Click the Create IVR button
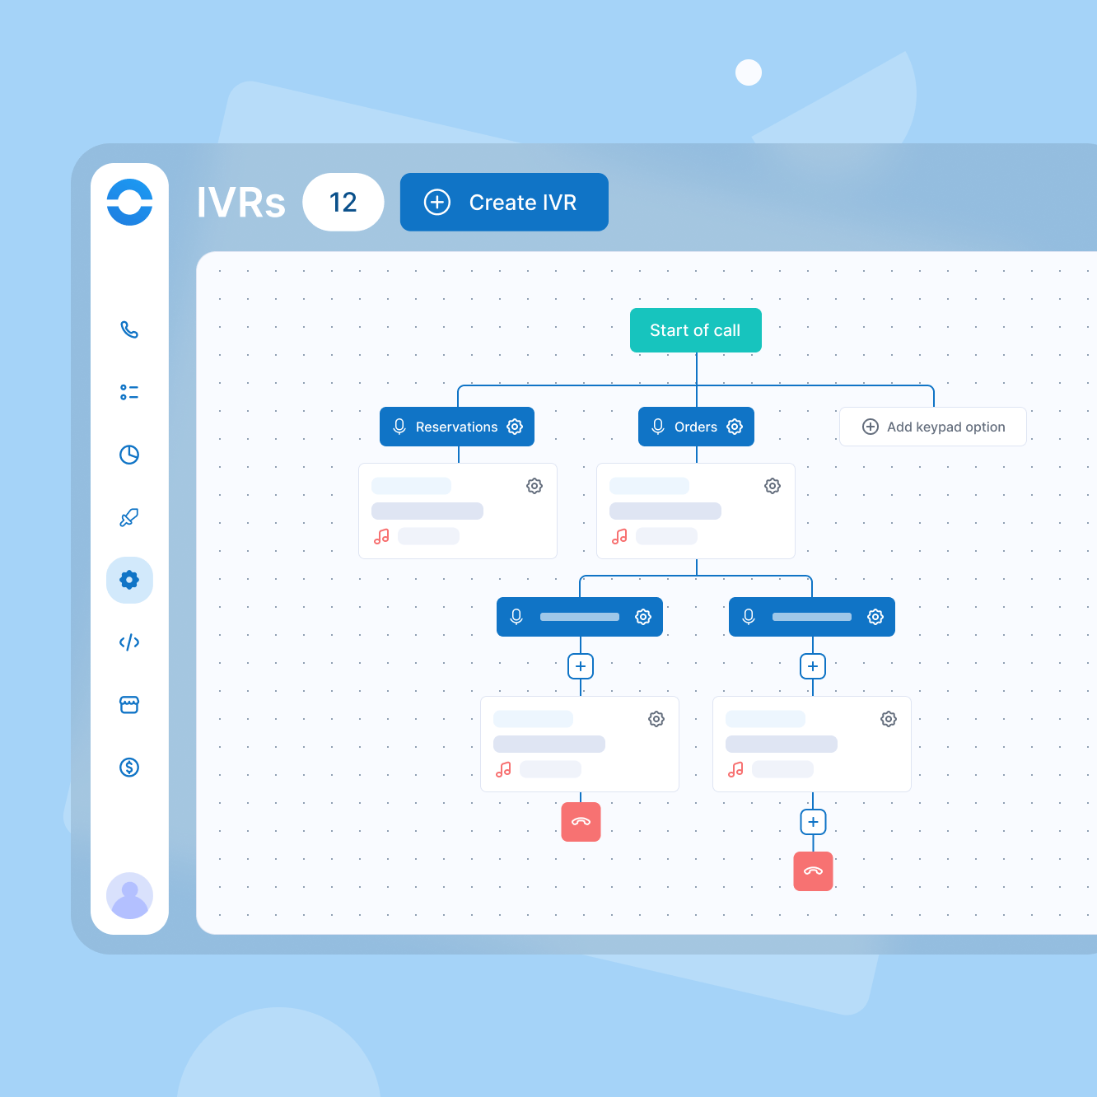pos(504,202)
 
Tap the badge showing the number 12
pos(343,202)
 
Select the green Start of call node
pos(696,330)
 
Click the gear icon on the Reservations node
pos(515,427)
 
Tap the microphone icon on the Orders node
pos(658,427)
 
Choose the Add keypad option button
pos(933,427)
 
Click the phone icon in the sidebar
pos(129,329)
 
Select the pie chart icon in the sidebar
pos(129,455)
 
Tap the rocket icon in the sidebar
pos(129,517)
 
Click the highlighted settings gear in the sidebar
pos(129,580)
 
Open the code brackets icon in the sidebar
pos(129,642)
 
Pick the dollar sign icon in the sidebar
pos(129,768)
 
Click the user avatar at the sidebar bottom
pos(129,895)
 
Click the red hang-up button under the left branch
pos(581,821)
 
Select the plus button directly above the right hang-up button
pos(813,821)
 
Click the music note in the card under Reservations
pos(381,536)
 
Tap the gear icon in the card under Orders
pos(772,486)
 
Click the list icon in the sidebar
pos(129,392)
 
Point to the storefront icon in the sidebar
pos(129,705)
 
